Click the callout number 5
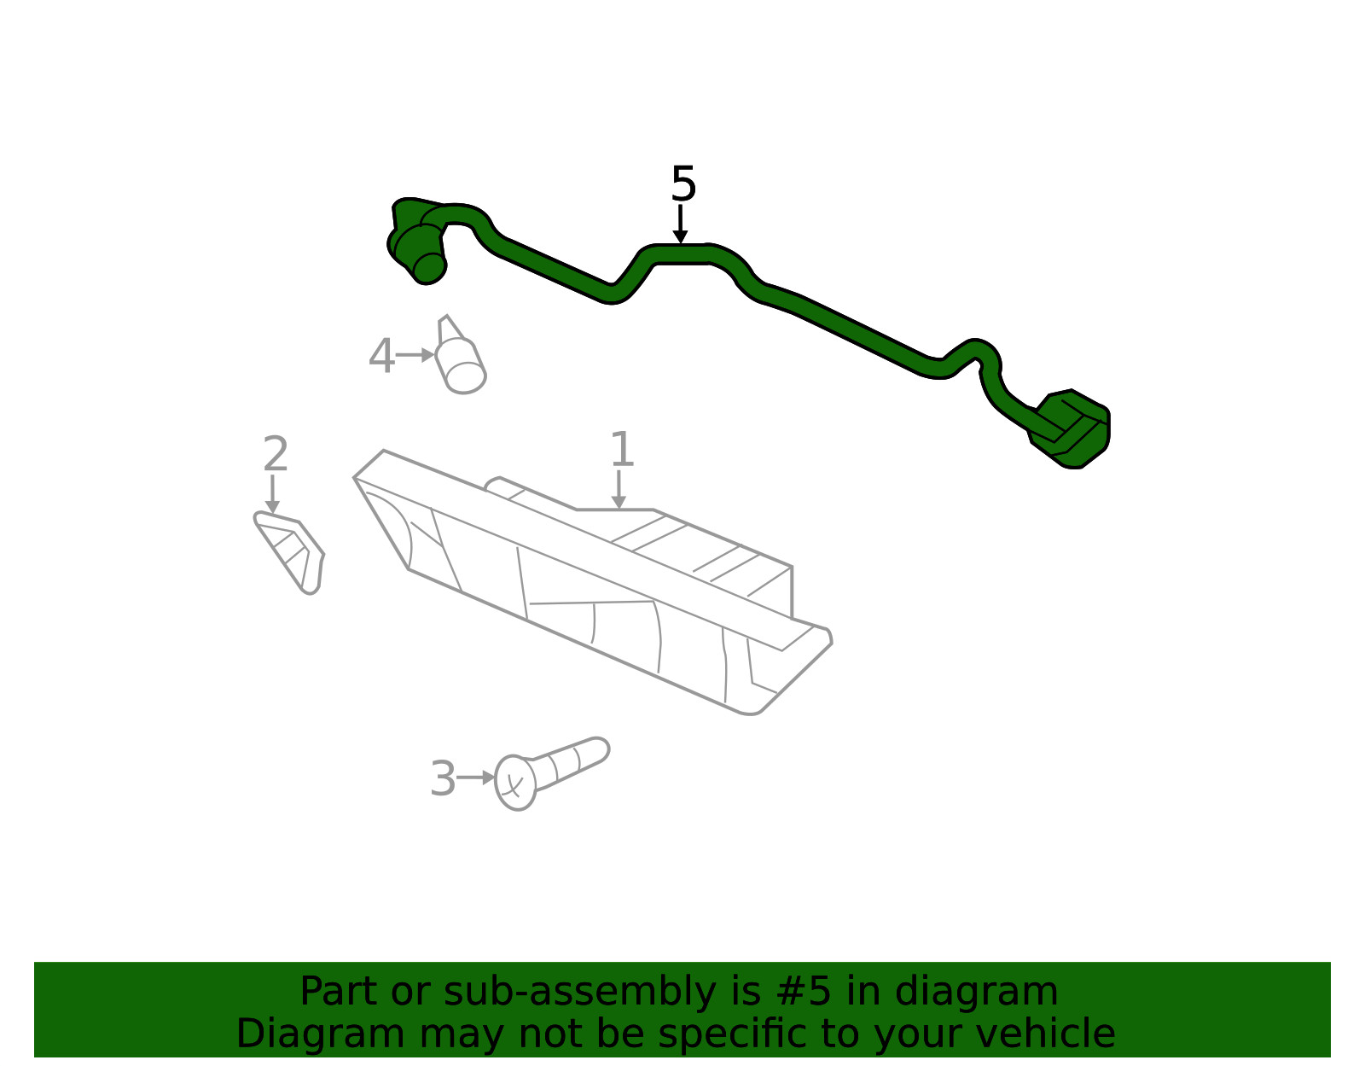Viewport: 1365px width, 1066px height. [683, 183]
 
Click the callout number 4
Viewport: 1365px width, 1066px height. [381, 356]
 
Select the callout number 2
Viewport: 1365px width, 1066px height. [276, 453]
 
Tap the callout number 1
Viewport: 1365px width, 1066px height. [622, 449]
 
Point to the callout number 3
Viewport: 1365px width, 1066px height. [443, 778]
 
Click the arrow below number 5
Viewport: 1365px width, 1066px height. [680, 224]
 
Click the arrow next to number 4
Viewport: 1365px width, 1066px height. [415, 355]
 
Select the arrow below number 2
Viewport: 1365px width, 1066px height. [272, 493]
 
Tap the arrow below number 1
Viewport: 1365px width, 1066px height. [619, 489]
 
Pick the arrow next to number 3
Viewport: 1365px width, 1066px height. [476, 778]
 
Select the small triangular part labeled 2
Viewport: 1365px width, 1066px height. [290, 552]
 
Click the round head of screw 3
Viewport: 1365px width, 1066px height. [515, 782]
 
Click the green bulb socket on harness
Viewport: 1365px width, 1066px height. [418, 242]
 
